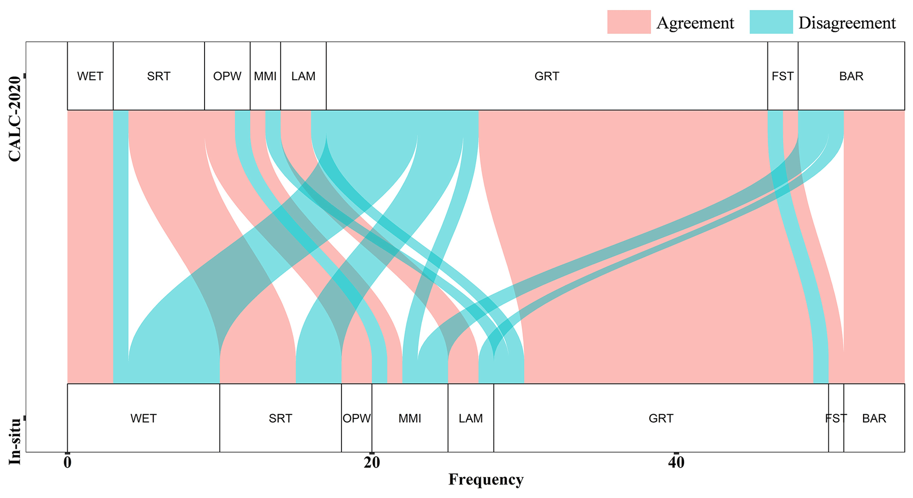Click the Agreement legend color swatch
pyautogui.click(x=629, y=22)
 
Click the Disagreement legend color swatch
pyautogui.click(x=771, y=22)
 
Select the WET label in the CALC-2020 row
pyautogui.click(x=90, y=76)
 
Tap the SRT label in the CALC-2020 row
pyautogui.click(x=159, y=76)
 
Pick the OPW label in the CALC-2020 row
pyautogui.click(x=227, y=76)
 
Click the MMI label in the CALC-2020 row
pyautogui.click(x=265, y=76)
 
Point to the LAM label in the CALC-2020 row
pyautogui.click(x=303, y=76)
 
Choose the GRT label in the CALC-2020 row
pyautogui.click(x=546, y=76)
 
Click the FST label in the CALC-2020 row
pyautogui.click(x=782, y=76)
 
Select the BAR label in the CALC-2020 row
pyautogui.click(x=851, y=76)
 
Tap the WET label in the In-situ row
pyautogui.click(x=144, y=418)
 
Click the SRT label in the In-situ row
pyautogui.click(x=280, y=418)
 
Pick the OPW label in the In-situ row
pyautogui.click(x=356, y=418)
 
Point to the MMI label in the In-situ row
pyautogui.click(x=410, y=418)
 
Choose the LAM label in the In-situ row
pyautogui.click(x=471, y=418)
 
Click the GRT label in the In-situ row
pyautogui.click(x=661, y=418)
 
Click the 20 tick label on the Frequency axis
pyautogui.click(x=371, y=463)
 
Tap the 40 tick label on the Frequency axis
pyautogui.click(x=676, y=463)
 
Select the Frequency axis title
pyautogui.click(x=486, y=479)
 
